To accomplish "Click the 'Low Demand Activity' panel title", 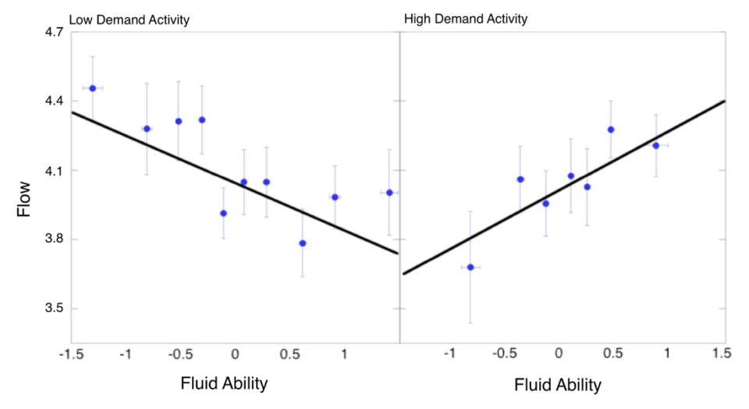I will pyautogui.click(x=130, y=19).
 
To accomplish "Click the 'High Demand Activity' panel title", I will pyautogui.click(x=466, y=18).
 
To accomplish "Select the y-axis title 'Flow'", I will pyautogui.click(x=26, y=198).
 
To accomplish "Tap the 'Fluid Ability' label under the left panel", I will pyautogui.click(x=225, y=384).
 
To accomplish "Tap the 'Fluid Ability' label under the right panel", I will pyautogui.click(x=558, y=386).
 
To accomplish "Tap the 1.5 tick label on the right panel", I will pyautogui.click(x=722, y=354).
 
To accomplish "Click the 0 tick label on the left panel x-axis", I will pyautogui.click(x=235, y=354).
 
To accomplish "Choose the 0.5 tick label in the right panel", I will pyautogui.click(x=613, y=354).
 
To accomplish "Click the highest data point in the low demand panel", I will pyautogui.click(x=92, y=88).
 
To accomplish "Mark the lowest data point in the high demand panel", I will pyautogui.click(x=470, y=267).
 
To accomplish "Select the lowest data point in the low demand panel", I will pyautogui.click(x=303, y=243).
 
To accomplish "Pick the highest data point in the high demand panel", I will pyautogui.click(x=611, y=130).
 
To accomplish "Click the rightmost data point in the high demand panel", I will pyautogui.click(x=656, y=145).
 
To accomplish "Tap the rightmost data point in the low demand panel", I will pyautogui.click(x=389, y=192).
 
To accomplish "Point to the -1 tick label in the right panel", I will pyautogui.click(x=449, y=354).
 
